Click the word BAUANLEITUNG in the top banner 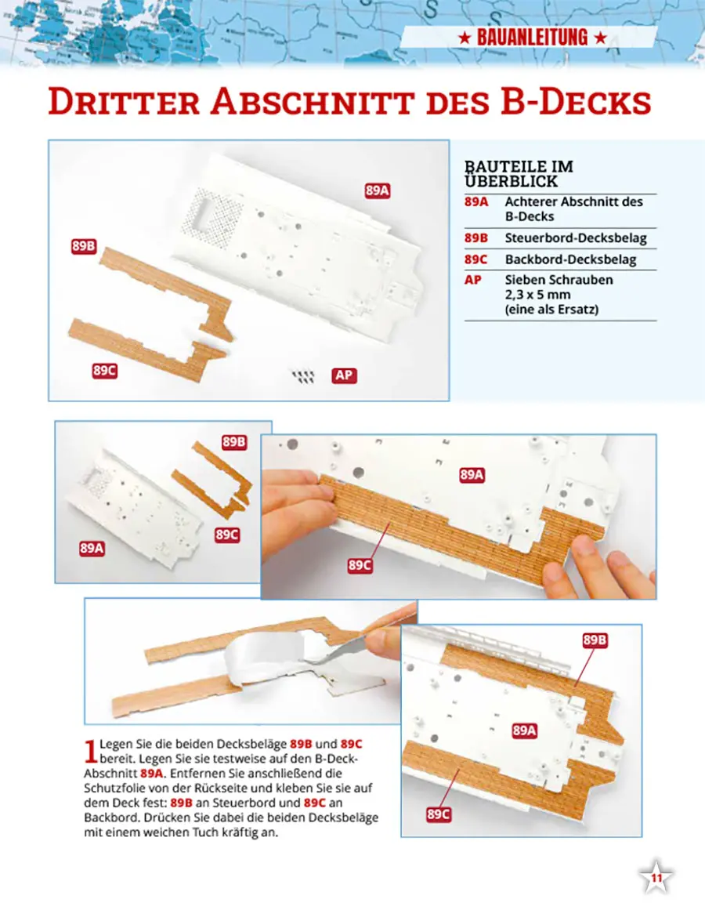(532, 38)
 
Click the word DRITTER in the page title (124, 102)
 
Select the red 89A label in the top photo (377, 190)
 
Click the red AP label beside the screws (344, 375)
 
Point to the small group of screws (303, 377)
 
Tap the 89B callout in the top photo (83, 246)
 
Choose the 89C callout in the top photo (104, 370)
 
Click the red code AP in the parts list (472, 280)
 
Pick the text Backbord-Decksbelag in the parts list (570, 259)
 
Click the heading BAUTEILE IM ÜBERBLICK (519, 174)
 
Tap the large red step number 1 (90, 750)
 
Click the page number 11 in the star (656, 878)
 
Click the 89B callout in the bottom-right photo (595, 640)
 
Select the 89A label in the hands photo (472, 475)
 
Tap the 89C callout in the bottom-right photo (438, 814)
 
